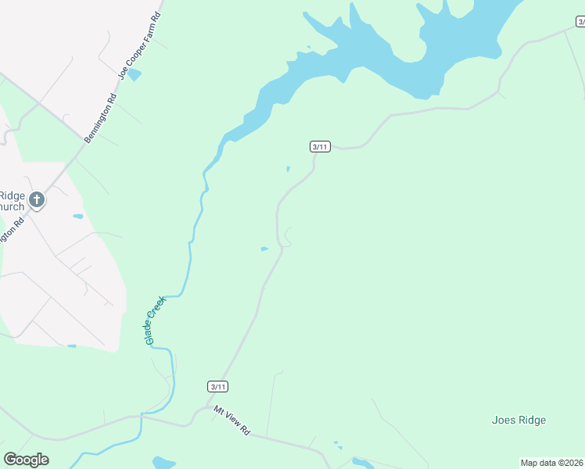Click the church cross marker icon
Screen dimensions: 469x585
coord(36,201)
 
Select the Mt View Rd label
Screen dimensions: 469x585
coord(231,421)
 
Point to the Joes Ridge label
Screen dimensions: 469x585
coord(519,420)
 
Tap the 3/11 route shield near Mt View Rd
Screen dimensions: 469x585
coord(218,386)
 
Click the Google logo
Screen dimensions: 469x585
coord(26,460)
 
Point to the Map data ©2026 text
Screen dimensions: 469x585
coord(551,463)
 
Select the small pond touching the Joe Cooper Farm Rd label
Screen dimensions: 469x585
coord(135,74)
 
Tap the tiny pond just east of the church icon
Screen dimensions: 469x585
coord(77,216)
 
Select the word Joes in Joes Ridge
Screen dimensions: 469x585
coord(504,420)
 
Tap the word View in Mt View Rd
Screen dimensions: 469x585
coord(231,421)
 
